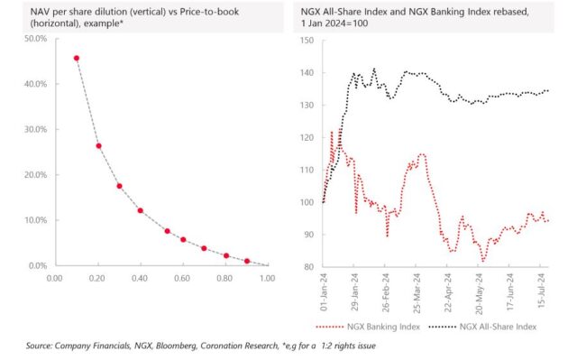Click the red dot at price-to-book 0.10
pyautogui.click(x=77, y=58)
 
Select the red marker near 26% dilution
pyautogui.click(x=98, y=146)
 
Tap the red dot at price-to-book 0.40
pyautogui.click(x=141, y=210)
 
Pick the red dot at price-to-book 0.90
pyautogui.click(x=247, y=261)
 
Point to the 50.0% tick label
pyautogui.click(x=36, y=39)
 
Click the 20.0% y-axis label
pyautogui.click(x=36, y=175)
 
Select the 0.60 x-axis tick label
pyautogui.click(x=182, y=278)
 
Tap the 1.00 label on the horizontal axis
pyautogui.click(x=267, y=278)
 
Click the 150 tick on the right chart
pyautogui.click(x=307, y=40)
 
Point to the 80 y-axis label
pyautogui.click(x=309, y=267)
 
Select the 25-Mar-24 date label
pyautogui.click(x=417, y=293)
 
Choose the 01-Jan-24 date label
pyautogui.click(x=324, y=292)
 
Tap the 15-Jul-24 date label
pyautogui.click(x=541, y=291)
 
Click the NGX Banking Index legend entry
pyautogui.click(x=368, y=327)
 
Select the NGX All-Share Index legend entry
pyautogui.click(x=482, y=327)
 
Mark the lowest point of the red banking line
pyautogui.click(x=483, y=261)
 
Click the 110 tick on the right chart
pyautogui.click(x=307, y=170)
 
